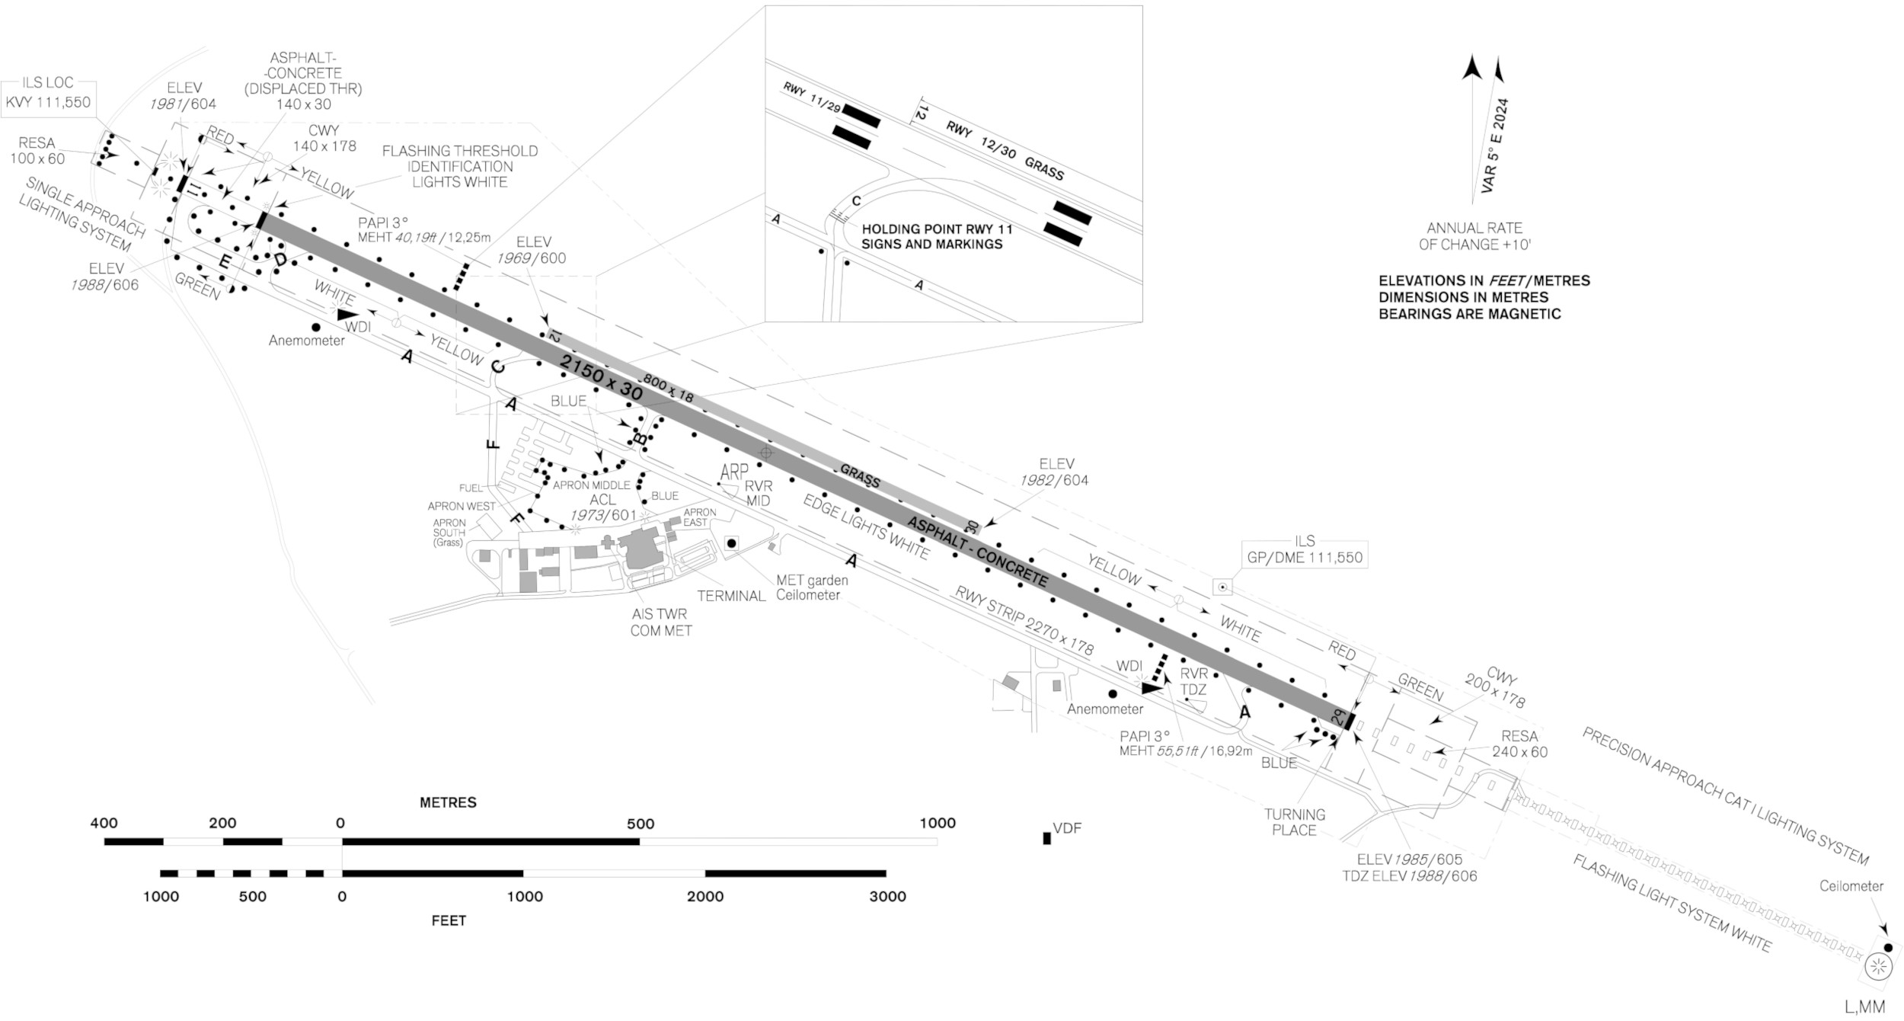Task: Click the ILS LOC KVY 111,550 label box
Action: [x=48, y=94]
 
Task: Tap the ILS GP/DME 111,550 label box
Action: [x=1304, y=549]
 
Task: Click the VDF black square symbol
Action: [x=1046, y=838]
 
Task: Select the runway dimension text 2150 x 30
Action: [x=601, y=376]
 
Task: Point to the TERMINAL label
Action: [x=730, y=596]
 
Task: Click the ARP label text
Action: [x=734, y=472]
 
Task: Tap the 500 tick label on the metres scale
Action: [x=640, y=824]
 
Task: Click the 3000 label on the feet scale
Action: [x=887, y=896]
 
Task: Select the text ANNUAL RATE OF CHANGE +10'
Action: [x=1474, y=236]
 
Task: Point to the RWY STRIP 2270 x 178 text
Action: [x=1024, y=620]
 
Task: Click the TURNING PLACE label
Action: [x=1294, y=821]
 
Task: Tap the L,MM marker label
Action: [x=1864, y=1007]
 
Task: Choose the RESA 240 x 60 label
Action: [x=1519, y=744]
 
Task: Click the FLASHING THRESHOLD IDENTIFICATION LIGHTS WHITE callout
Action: [x=459, y=166]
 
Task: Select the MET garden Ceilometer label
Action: [x=811, y=587]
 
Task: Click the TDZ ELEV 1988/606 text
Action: [x=1409, y=876]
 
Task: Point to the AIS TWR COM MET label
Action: [x=660, y=623]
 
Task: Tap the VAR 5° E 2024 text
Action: [x=1494, y=145]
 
